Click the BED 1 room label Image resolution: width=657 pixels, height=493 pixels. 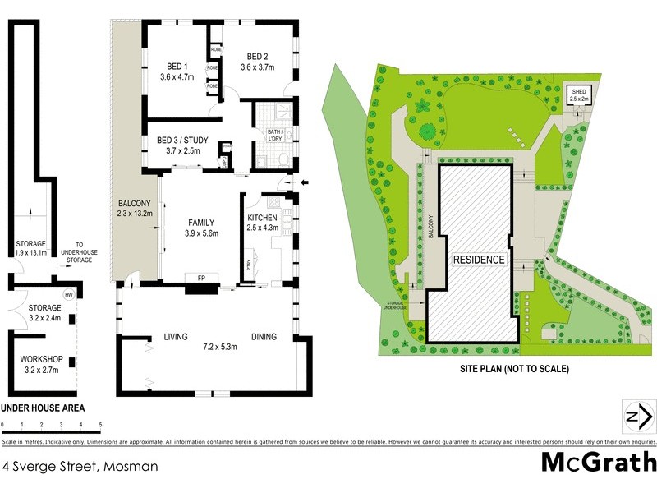point(172,67)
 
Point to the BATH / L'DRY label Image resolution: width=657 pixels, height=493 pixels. point(275,135)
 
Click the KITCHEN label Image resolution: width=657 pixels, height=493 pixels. point(264,217)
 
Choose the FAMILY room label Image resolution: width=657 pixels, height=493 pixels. point(200,223)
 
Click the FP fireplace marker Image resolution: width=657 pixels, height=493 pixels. point(200,278)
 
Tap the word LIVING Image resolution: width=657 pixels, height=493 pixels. point(176,336)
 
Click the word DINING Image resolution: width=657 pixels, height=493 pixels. point(264,336)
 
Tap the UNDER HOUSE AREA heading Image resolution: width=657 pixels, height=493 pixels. point(43,408)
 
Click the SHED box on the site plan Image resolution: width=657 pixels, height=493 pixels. point(578,94)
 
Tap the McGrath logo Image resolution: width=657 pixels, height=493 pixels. point(598,462)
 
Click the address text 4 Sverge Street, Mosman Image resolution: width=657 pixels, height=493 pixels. point(80,466)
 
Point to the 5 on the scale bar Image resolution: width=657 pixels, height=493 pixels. point(100,425)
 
